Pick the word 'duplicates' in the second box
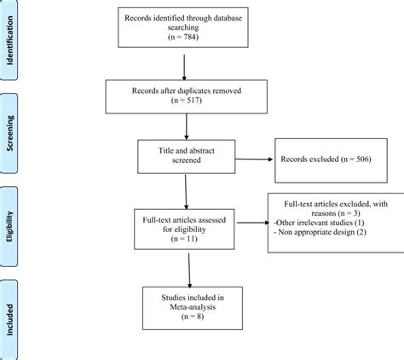click(192, 90)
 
